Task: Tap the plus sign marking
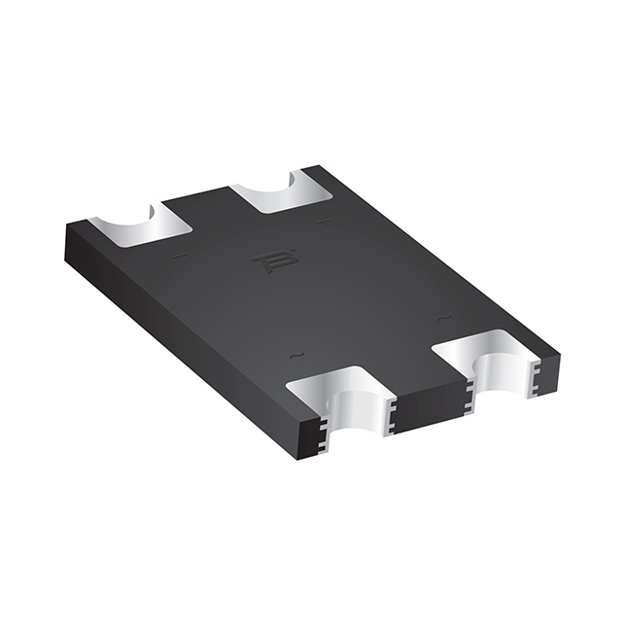coord(326,222)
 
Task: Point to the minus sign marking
coord(177,257)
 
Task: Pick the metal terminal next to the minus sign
coord(146,225)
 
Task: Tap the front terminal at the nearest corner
coord(340,398)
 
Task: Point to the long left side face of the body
coord(185,330)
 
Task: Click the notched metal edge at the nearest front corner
coord(319,434)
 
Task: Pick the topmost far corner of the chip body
coord(321,167)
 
